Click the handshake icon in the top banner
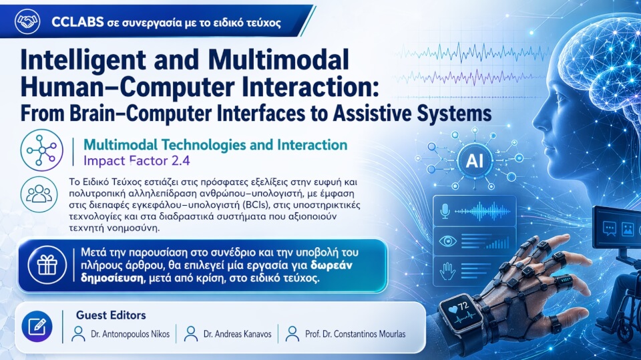[x=27, y=21]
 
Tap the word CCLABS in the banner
[x=77, y=21]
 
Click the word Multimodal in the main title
[x=278, y=59]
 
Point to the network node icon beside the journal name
[x=41, y=150]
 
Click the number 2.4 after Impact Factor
[x=181, y=161]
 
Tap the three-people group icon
[x=39, y=194]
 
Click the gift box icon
[x=47, y=265]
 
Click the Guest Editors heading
[x=111, y=315]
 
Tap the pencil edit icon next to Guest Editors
[x=37, y=327]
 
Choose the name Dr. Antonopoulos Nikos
[x=130, y=334]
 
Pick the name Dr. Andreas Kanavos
[x=238, y=334]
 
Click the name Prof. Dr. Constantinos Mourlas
[x=355, y=334]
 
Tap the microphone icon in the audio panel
[x=445, y=211]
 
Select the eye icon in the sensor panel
[x=447, y=241]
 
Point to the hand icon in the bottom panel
[x=447, y=271]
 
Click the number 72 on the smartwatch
[x=463, y=306]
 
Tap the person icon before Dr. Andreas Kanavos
[x=190, y=334]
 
